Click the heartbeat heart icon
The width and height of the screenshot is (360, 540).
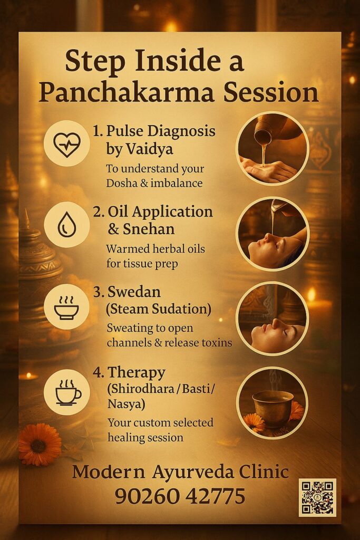67,144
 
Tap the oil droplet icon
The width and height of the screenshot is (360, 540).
67,225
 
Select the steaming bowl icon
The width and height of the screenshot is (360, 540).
66,307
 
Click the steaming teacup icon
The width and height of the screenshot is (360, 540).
69,392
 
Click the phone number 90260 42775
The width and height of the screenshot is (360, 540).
180,496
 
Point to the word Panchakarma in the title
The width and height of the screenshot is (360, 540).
127,92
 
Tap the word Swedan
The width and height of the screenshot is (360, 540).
134,292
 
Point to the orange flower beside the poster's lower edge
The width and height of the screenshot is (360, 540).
40,444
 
